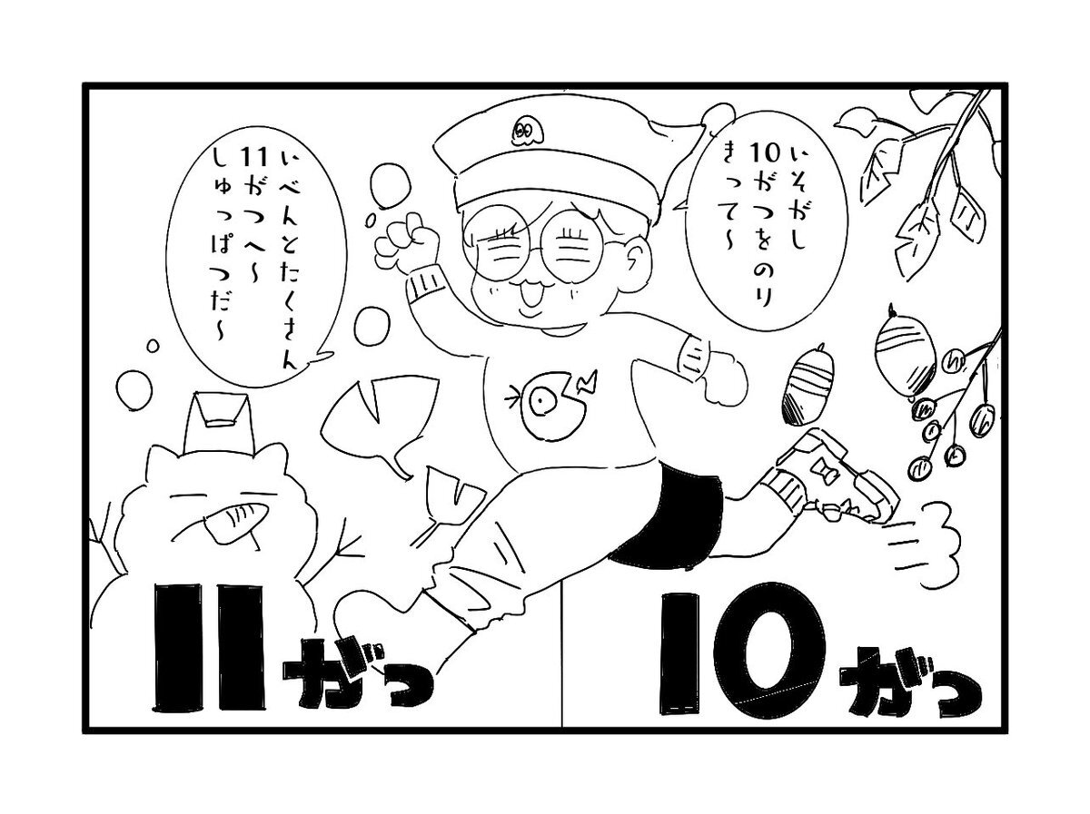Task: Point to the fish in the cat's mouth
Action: (x=237, y=521)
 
